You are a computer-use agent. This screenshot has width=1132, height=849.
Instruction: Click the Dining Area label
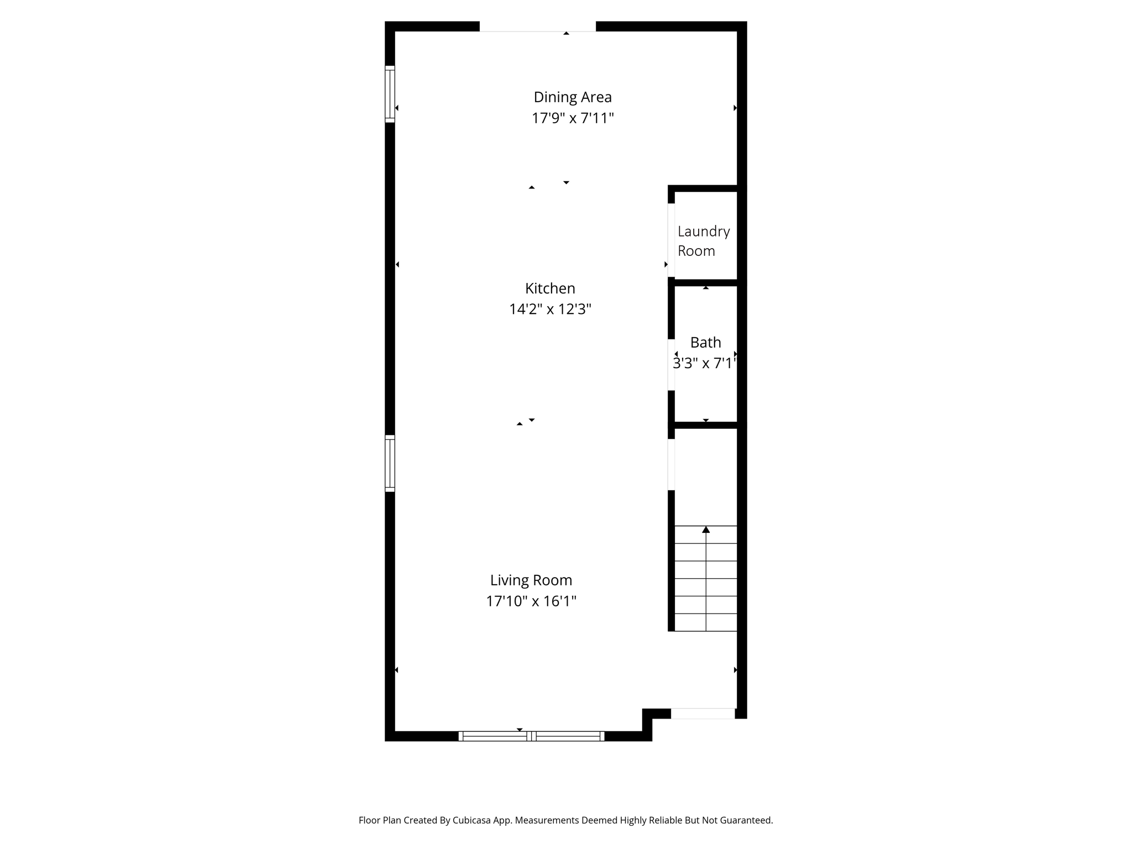point(573,97)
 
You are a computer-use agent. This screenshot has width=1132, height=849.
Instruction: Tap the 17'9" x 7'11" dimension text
point(573,118)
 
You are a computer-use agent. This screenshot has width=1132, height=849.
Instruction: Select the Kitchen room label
point(550,289)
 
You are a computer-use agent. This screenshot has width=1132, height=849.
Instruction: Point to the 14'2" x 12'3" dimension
point(550,309)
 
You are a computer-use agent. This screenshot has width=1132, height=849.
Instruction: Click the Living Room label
point(531,580)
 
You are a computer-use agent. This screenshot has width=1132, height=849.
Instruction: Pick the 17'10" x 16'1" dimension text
point(531,601)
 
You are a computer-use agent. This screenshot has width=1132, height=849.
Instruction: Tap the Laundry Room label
point(704,241)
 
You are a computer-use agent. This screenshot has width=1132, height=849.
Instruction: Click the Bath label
point(705,343)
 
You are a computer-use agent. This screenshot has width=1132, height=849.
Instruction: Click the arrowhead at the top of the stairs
point(706,530)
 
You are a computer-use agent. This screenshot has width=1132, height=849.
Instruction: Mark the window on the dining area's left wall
point(390,94)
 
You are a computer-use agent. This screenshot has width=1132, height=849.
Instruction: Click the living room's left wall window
point(390,463)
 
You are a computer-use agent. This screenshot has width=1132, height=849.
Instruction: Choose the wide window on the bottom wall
point(531,736)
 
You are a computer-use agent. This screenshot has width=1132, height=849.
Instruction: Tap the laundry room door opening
point(671,240)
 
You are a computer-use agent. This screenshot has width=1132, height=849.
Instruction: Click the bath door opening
point(671,365)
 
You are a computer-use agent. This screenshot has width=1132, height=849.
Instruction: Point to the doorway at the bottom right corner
point(703,714)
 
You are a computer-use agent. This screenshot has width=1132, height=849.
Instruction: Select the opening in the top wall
point(537,27)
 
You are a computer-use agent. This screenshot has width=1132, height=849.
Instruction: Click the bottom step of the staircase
point(706,622)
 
